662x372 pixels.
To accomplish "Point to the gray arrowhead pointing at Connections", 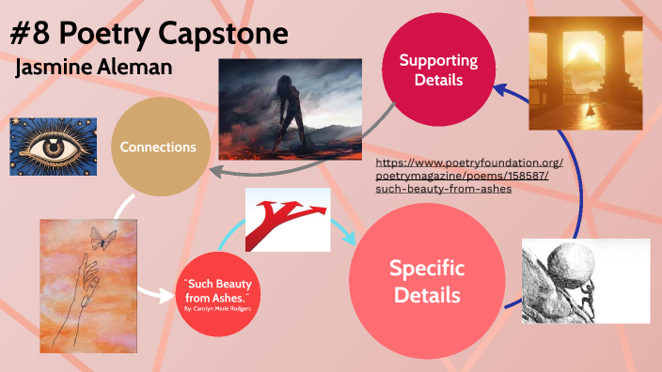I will point(213,170).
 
